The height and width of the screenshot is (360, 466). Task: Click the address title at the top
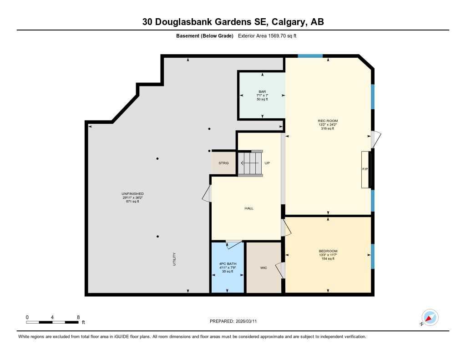[x=233, y=22]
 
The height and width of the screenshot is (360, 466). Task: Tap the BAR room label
[x=262, y=95]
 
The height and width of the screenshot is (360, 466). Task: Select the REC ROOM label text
[x=327, y=125]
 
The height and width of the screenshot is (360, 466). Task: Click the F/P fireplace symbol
[x=365, y=169]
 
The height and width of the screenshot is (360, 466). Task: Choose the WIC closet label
[x=263, y=268]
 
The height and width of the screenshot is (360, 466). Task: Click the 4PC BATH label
[x=228, y=268]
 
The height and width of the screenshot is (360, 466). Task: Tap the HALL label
[x=249, y=208]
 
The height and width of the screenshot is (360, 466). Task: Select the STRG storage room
[x=223, y=163]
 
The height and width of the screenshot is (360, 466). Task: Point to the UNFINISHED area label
[x=132, y=198]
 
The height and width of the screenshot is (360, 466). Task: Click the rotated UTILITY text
[x=174, y=259]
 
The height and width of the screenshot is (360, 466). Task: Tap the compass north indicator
[x=430, y=317]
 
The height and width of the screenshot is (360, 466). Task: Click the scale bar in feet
[x=52, y=322]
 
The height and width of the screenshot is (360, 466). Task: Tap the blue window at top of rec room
[x=310, y=56]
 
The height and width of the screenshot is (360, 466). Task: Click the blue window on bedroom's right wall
[x=372, y=256]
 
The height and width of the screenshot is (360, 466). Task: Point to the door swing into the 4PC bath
[x=234, y=244]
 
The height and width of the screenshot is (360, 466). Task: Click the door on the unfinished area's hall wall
[x=207, y=193]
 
